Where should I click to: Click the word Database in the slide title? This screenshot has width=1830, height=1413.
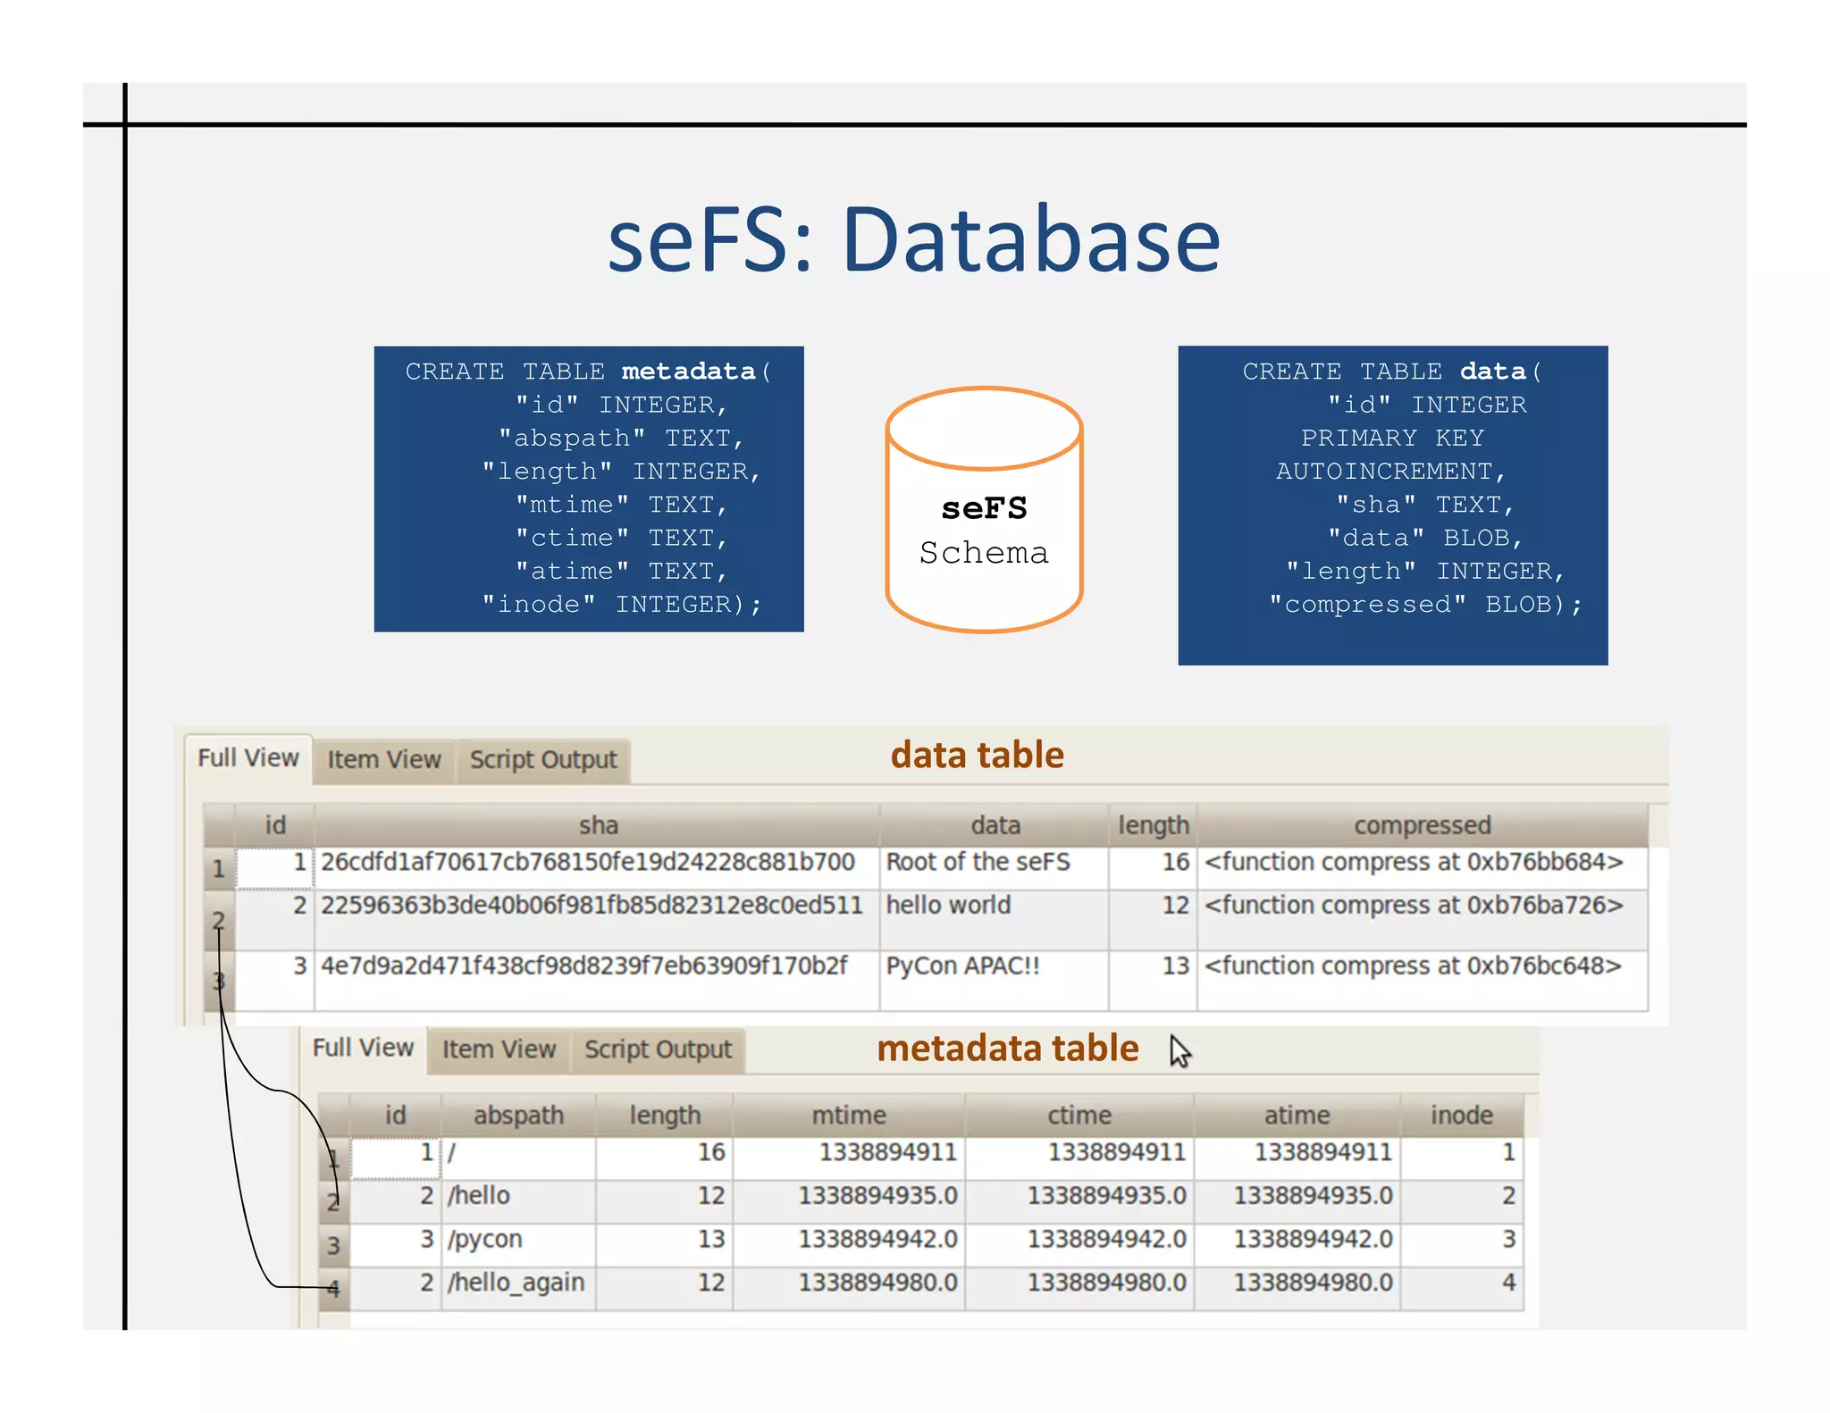(x=1030, y=239)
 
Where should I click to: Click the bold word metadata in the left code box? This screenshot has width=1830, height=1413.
(x=688, y=371)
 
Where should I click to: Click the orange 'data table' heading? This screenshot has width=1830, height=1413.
(x=977, y=756)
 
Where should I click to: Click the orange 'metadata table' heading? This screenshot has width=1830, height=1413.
(x=1007, y=1048)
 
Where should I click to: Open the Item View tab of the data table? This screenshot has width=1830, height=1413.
(x=383, y=760)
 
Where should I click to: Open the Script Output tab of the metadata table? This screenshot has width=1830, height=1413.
(x=658, y=1049)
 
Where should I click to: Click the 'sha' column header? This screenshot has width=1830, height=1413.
(x=598, y=825)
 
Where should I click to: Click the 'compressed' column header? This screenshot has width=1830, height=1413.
(x=1422, y=825)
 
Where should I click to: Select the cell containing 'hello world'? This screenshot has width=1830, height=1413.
(x=948, y=906)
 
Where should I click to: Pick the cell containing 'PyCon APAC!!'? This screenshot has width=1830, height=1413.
(x=962, y=966)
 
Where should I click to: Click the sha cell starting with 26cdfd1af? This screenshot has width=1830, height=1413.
(x=587, y=863)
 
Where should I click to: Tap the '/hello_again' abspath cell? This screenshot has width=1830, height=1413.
(x=516, y=1283)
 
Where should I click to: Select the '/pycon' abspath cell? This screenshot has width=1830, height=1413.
(x=485, y=1240)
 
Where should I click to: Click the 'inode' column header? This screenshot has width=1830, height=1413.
(x=1461, y=1116)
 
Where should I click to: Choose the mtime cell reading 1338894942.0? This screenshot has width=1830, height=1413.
(x=877, y=1240)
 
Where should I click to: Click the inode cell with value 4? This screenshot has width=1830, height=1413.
(x=1508, y=1283)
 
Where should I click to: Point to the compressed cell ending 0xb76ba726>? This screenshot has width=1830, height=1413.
(x=1413, y=906)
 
